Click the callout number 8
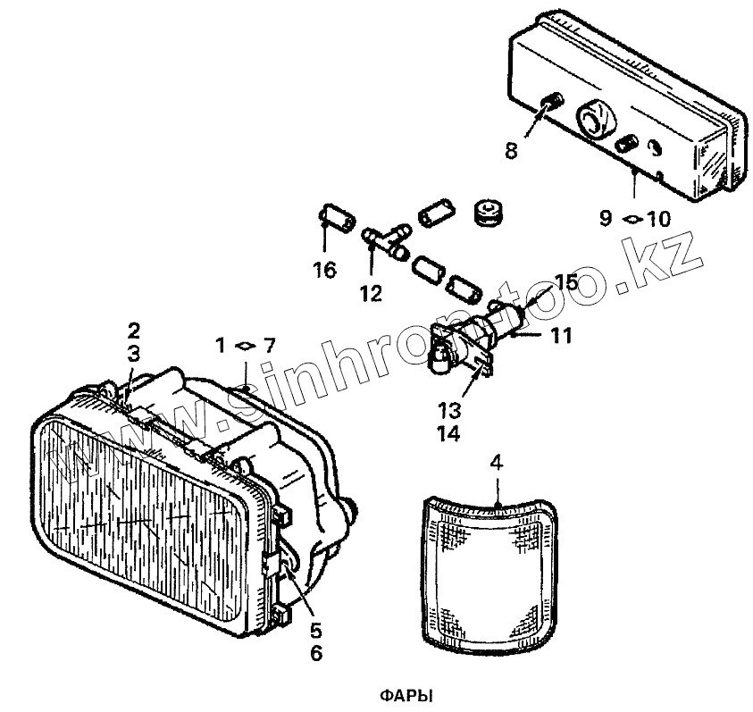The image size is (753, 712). [x=511, y=151]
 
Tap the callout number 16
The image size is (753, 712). [x=324, y=270]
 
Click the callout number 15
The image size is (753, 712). [x=567, y=283]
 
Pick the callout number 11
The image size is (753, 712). [x=560, y=336]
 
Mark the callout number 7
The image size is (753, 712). [x=271, y=344]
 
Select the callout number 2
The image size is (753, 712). [x=133, y=330]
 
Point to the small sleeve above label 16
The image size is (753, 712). [x=338, y=216]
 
